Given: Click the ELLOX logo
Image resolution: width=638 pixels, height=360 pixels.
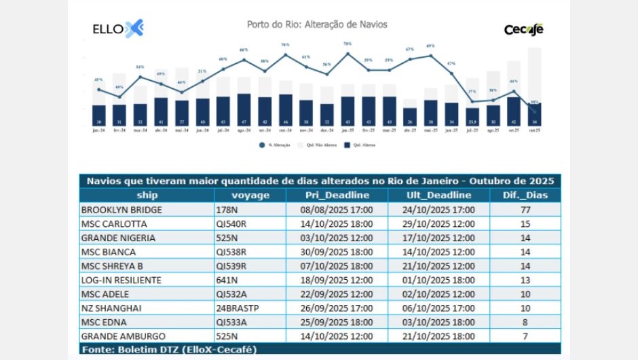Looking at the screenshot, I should [x=117, y=29].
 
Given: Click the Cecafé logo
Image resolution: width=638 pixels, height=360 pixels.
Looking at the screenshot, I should [x=523, y=29].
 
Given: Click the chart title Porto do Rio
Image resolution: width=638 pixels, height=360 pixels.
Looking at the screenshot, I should [x=317, y=24].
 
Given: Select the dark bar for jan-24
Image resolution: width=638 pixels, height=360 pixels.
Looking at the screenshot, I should [x=99, y=114].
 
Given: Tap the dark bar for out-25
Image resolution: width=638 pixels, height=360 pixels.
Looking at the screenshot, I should [x=534, y=113].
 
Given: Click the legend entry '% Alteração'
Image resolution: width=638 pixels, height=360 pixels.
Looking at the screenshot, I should [x=279, y=145].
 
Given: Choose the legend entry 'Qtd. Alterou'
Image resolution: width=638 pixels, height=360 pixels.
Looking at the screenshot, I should [x=360, y=145].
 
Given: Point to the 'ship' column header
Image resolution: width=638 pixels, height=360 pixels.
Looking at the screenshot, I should [x=146, y=195].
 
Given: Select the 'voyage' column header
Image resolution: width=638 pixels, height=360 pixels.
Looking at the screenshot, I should [x=250, y=195].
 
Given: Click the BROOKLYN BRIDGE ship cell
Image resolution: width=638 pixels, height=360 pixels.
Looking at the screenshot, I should [x=121, y=209].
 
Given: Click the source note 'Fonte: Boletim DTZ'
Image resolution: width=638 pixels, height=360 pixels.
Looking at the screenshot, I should [x=169, y=349].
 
